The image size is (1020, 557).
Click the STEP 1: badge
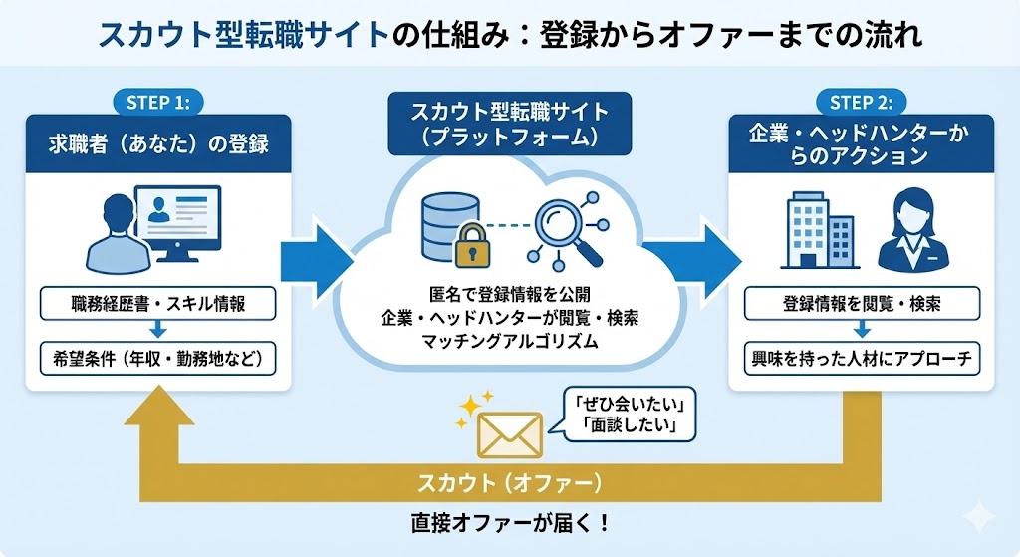[x=159, y=101]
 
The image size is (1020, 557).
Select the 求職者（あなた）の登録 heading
[x=159, y=144]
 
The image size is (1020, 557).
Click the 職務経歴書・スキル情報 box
[x=159, y=304]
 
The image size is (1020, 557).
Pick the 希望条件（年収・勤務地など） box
[x=159, y=356]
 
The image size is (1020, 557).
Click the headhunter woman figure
[x=912, y=230]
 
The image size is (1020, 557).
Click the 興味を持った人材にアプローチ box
[x=863, y=356]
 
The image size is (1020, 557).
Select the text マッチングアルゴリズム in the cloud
[x=509, y=342]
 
